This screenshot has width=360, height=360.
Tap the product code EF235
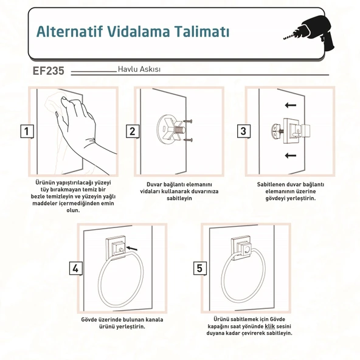coord(48,71)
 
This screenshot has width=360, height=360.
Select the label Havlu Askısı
coord(139,69)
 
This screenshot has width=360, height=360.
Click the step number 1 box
coord(27,131)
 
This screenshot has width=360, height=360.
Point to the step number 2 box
coord(133,131)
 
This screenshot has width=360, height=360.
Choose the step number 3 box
coord(244,131)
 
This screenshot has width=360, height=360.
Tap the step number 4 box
coord(76,268)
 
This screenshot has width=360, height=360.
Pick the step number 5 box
coord(199,268)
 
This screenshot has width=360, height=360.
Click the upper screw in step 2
coord(188,121)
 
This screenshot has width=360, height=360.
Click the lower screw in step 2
coord(188,140)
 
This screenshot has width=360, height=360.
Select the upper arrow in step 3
coord(291,105)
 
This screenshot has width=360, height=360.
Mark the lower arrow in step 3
coord(291,156)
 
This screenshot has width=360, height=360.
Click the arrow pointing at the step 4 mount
coord(132,248)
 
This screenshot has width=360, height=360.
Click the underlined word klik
coord(270,326)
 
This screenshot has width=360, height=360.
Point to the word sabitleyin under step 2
coord(179,198)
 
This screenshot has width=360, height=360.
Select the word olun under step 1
coord(73,210)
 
